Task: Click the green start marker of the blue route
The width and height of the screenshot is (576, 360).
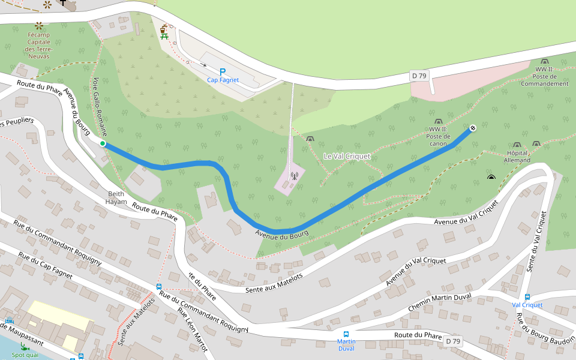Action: [x=103, y=143]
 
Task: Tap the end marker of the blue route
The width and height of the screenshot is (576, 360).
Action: [x=473, y=128]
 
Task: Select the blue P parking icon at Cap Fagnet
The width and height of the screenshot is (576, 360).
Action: [x=223, y=71]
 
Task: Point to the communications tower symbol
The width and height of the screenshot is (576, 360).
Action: [x=294, y=176]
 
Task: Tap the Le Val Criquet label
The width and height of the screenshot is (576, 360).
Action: [x=347, y=156]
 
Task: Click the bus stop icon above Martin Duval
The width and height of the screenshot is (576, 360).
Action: [x=346, y=334]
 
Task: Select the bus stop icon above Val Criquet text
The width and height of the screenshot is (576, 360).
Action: [x=527, y=296]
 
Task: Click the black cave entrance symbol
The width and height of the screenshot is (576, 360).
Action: [x=491, y=177]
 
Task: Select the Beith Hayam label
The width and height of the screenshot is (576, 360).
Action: [x=116, y=198]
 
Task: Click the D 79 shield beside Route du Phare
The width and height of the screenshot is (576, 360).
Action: [x=453, y=341]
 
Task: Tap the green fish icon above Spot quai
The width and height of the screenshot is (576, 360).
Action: [x=24, y=347]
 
